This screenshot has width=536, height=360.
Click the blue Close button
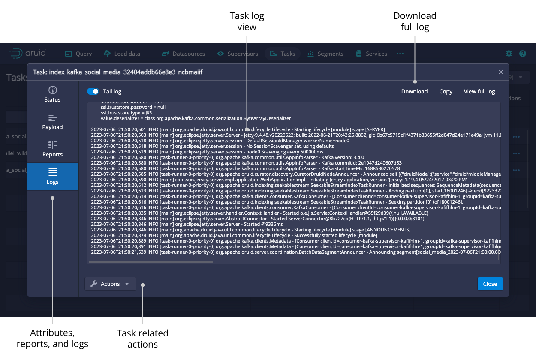click(x=490, y=284)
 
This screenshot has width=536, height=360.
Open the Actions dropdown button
click(x=110, y=284)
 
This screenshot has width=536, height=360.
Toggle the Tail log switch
click(x=93, y=91)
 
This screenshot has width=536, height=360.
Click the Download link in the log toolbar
click(x=414, y=91)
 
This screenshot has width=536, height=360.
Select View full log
click(x=479, y=91)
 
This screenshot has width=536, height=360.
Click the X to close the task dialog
click(x=500, y=72)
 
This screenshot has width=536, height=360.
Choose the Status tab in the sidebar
click(x=53, y=94)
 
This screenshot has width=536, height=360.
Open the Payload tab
click(x=53, y=122)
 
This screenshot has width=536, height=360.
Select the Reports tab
click(x=53, y=149)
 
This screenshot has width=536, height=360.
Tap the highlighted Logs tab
click(x=53, y=177)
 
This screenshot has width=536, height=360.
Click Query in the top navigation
click(x=78, y=54)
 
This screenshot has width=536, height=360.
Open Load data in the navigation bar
click(x=122, y=54)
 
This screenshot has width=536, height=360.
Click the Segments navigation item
click(x=325, y=54)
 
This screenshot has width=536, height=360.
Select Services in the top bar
click(x=372, y=54)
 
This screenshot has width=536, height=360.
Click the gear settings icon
click(x=509, y=54)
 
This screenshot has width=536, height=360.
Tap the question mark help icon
click(x=522, y=54)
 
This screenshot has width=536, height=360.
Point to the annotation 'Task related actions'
click(x=142, y=339)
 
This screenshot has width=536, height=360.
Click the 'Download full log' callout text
click(x=415, y=21)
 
